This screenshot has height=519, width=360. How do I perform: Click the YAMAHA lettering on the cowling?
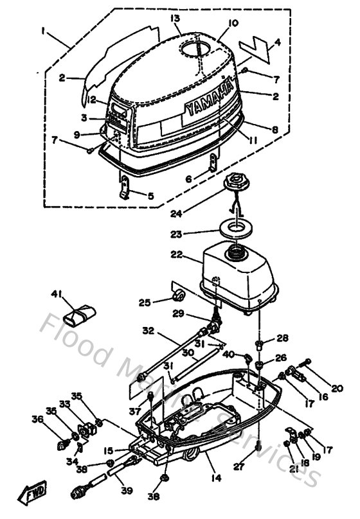pyautogui.click(x=208, y=99)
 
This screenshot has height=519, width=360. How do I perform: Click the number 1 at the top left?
pyautogui.click(x=43, y=30)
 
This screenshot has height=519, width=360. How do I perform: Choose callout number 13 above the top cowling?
pyautogui.click(x=174, y=19)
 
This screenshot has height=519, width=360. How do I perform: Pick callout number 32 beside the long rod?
pyautogui.click(x=148, y=331)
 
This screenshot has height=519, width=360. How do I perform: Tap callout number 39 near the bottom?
pyautogui.click(x=127, y=491)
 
